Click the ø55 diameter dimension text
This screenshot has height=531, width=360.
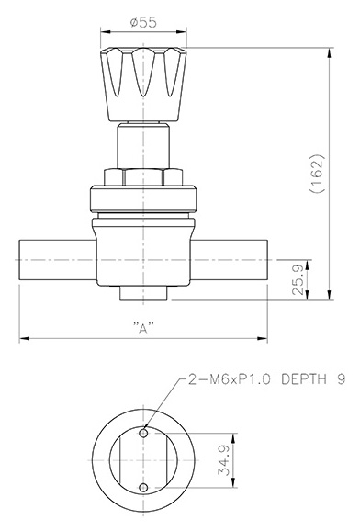click(143, 22)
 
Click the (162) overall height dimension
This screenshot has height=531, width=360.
click(317, 174)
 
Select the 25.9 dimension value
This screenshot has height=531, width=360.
click(298, 279)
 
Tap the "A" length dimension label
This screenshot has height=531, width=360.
click(143, 328)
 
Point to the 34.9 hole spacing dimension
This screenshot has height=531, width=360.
click(223, 460)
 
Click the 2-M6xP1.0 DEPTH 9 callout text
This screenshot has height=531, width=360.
click(267, 379)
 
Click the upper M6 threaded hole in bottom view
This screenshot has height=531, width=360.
click(143, 433)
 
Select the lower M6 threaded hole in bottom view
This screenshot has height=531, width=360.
click(143, 488)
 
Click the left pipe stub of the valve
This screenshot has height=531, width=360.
click(58, 260)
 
